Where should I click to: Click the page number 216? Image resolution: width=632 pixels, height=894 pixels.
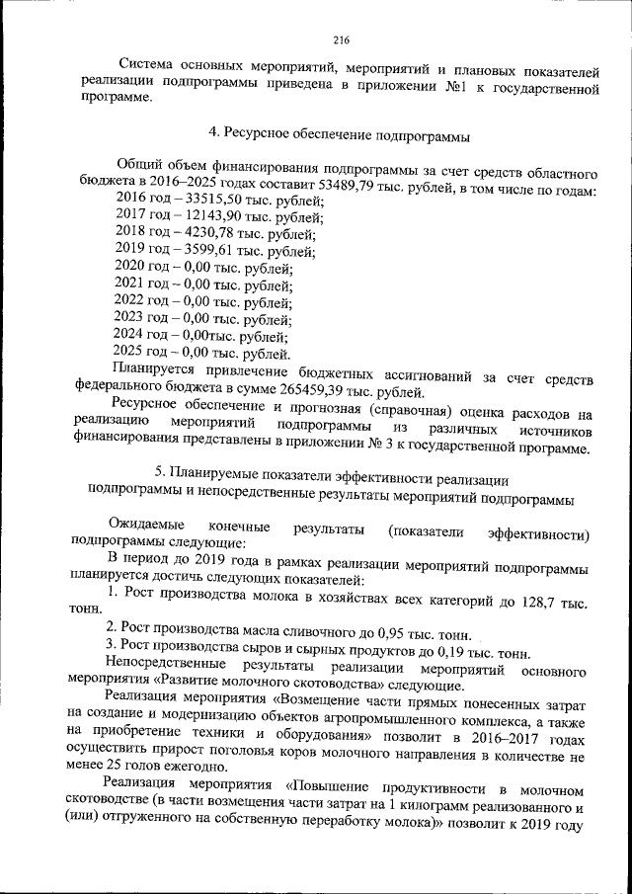(x=342, y=40)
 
